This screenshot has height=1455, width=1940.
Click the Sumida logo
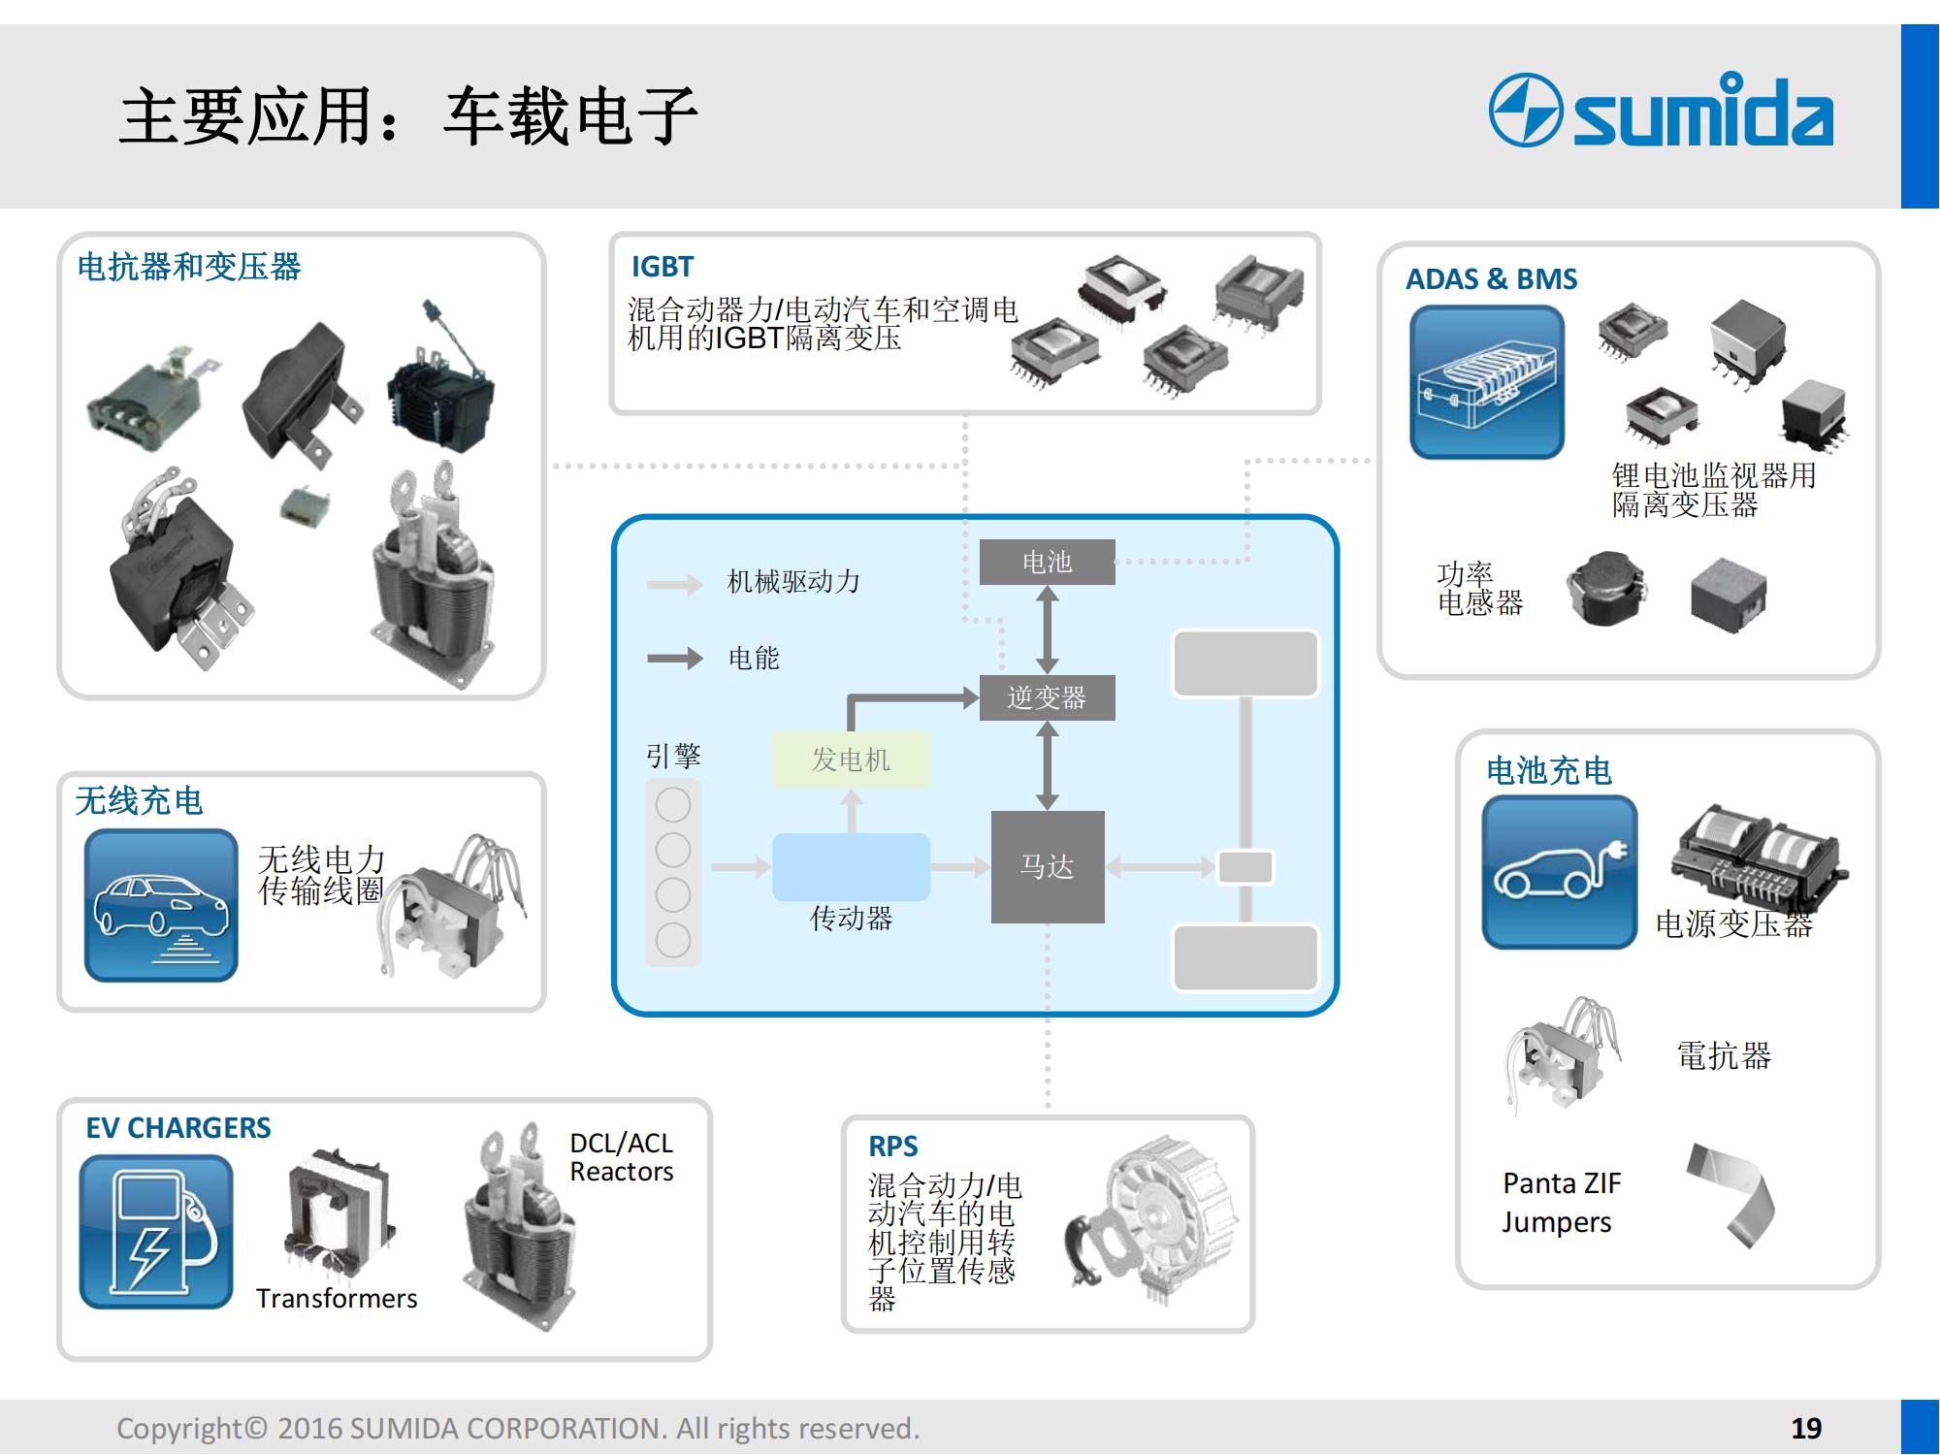(1661, 112)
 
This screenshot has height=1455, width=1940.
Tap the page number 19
(1806, 1428)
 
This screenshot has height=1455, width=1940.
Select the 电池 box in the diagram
(1047, 562)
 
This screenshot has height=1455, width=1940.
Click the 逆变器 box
(1047, 697)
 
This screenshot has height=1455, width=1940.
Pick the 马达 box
(1047, 866)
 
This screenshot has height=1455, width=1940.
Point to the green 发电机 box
(851, 760)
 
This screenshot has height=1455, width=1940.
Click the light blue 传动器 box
(851, 866)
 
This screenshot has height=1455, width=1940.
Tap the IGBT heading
(663, 267)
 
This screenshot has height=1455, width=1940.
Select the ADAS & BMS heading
(1491, 279)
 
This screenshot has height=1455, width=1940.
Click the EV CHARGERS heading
(178, 1128)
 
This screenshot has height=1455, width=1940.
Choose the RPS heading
(892, 1147)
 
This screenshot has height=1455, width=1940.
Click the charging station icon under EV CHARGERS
(156, 1232)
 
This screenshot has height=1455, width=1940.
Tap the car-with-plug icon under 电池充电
(1559, 872)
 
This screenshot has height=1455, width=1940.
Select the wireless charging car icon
(161, 905)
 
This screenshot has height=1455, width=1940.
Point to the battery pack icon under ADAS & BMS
(1487, 382)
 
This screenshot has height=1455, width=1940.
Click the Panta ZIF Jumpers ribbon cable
(1732, 1195)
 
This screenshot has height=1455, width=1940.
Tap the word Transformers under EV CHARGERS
(337, 1299)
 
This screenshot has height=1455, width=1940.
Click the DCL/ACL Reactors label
(621, 1157)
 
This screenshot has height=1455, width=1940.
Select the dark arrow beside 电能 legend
(675, 659)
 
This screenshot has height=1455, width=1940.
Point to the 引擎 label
(673, 756)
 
